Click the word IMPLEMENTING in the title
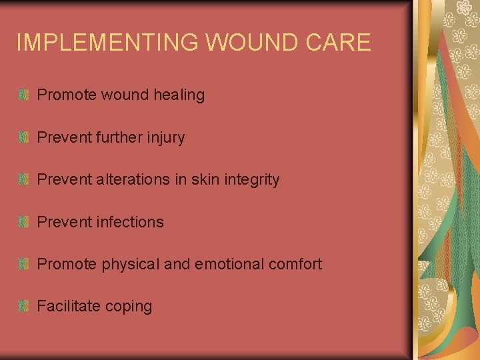pyautogui.click(x=107, y=43)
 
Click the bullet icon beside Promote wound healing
pyautogui.click(x=24, y=95)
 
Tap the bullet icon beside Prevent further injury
pyautogui.click(x=24, y=137)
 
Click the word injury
pyautogui.click(x=166, y=138)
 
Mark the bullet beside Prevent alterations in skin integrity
pyautogui.click(x=24, y=179)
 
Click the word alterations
pyautogui.click(x=133, y=179)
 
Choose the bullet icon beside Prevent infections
pyautogui.click(x=24, y=222)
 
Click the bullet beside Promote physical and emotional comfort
pyautogui.click(x=24, y=264)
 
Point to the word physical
pyautogui.click(x=131, y=265)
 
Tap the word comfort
pyautogui.click(x=295, y=264)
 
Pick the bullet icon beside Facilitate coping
pyautogui.click(x=24, y=306)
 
